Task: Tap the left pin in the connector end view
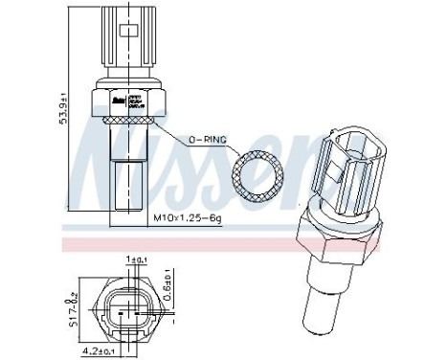tap(115, 304)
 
